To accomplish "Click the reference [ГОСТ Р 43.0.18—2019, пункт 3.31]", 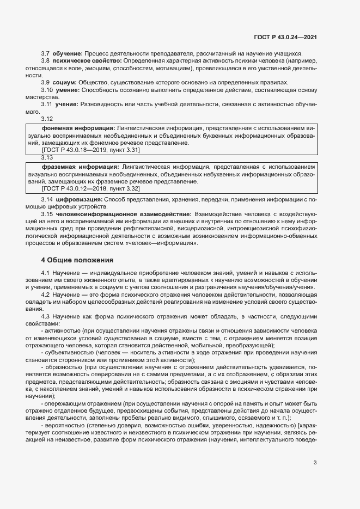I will tap(83, 149).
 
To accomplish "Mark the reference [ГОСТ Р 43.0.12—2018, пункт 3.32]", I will tap(83, 188).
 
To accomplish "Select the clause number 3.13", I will tap(47, 157).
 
